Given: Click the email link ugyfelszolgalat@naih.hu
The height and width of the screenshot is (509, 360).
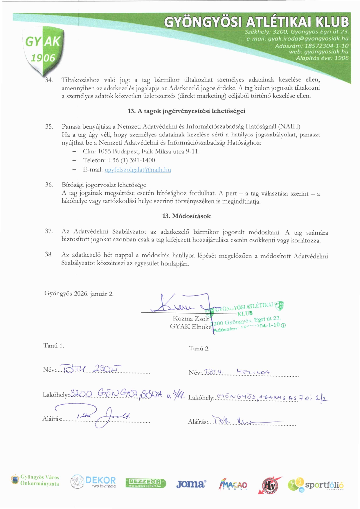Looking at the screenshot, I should coord(138,170).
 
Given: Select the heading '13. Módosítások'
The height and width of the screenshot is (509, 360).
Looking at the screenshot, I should coord(186,216).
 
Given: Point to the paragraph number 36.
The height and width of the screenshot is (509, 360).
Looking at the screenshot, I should coord(49,185).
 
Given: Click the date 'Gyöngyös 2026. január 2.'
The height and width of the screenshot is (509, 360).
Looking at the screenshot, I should coord(79,294).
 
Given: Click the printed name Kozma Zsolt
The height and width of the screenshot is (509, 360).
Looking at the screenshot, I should coord(191,319).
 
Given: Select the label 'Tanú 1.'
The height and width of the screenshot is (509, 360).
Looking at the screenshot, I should coord(53,346).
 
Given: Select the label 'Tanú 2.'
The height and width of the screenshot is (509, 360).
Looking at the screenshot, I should coord(199,348).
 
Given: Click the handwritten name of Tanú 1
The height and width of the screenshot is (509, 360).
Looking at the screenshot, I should coord(90,369).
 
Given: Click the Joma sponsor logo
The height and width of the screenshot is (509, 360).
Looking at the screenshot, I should coord(191,484).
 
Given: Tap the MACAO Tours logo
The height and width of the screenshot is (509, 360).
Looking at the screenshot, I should coord(233,484).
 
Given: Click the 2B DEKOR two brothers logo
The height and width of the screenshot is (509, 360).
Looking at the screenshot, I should coord(93,482).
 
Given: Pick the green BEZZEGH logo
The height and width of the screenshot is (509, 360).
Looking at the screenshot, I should coord(146,483).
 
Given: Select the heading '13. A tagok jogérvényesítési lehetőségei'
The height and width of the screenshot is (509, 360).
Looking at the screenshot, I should coord(186,111).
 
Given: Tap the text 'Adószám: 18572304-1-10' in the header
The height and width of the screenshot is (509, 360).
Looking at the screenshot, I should coord(312,46).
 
